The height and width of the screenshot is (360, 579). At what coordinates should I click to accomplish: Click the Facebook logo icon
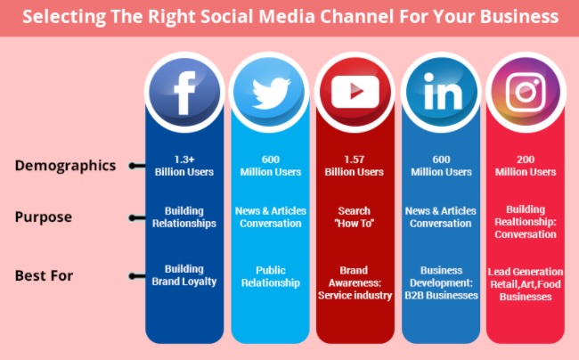pyautogui.click(x=184, y=93)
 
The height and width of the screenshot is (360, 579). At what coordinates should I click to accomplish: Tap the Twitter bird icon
pyautogui.click(x=270, y=93)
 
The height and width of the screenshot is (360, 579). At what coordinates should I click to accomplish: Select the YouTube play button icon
pyautogui.click(x=355, y=93)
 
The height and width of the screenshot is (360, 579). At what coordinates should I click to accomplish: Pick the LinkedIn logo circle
pyautogui.click(x=441, y=93)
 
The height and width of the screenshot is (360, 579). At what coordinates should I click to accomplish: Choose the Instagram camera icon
pyautogui.click(x=526, y=93)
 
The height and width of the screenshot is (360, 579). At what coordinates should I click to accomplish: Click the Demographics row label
pyautogui.click(x=65, y=166)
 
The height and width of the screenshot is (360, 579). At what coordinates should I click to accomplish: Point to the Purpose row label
pyautogui.click(x=44, y=217)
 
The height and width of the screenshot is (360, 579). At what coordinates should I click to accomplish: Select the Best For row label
pyautogui.click(x=44, y=275)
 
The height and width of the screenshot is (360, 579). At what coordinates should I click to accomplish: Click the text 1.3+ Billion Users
pyautogui.click(x=184, y=166)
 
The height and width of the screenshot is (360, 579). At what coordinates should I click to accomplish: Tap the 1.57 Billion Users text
pyautogui.click(x=355, y=166)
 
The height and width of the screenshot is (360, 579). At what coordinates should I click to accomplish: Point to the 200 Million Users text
pyautogui.click(x=526, y=166)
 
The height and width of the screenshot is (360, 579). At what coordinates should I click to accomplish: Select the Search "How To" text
pyautogui.click(x=355, y=217)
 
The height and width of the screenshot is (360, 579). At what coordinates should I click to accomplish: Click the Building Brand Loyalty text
pyautogui.click(x=184, y=275)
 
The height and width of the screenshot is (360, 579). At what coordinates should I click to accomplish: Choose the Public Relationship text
pyautogui.click(x=271, y=276)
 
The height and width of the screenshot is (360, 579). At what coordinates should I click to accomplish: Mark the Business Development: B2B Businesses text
pyautogui.click(x=441, y=282)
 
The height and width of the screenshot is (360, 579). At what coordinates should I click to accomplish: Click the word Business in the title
pyautogui.click(x=519, y=17)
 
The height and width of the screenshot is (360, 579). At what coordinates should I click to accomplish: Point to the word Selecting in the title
pyautogui.click(x=64, y=17)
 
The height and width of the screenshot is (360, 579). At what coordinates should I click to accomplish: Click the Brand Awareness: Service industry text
pyautogui.click(x=355, y=282)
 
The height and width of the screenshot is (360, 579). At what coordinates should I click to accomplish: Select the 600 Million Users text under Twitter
pyautogui.click(x=271, y=166)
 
